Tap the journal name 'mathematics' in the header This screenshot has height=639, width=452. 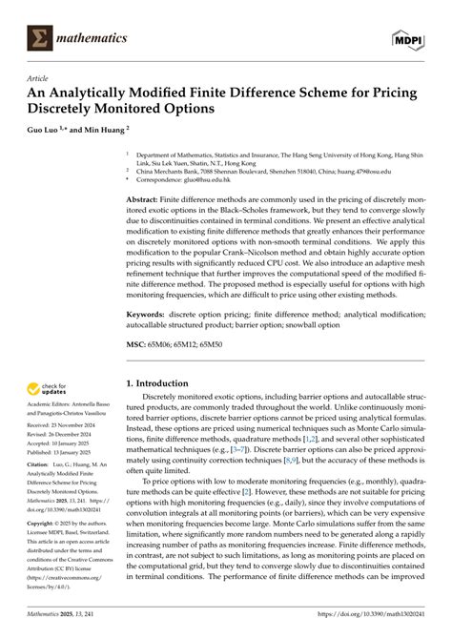(x=94, y=37)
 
